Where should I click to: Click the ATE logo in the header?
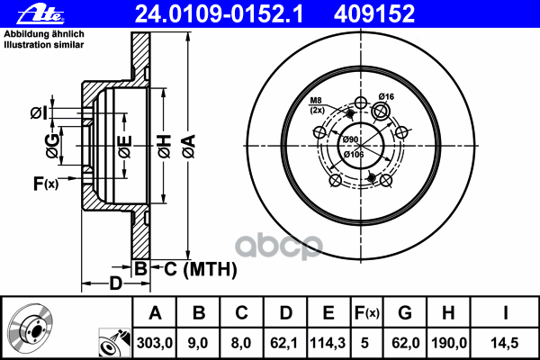tap(26, 13)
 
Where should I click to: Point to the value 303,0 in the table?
tap(155, 341)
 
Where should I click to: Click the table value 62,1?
tap(286, 341)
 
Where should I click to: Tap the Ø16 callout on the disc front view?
tap(388, 96)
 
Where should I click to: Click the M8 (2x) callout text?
tap(318, 105)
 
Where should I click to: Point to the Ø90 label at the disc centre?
tap(350, 139)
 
